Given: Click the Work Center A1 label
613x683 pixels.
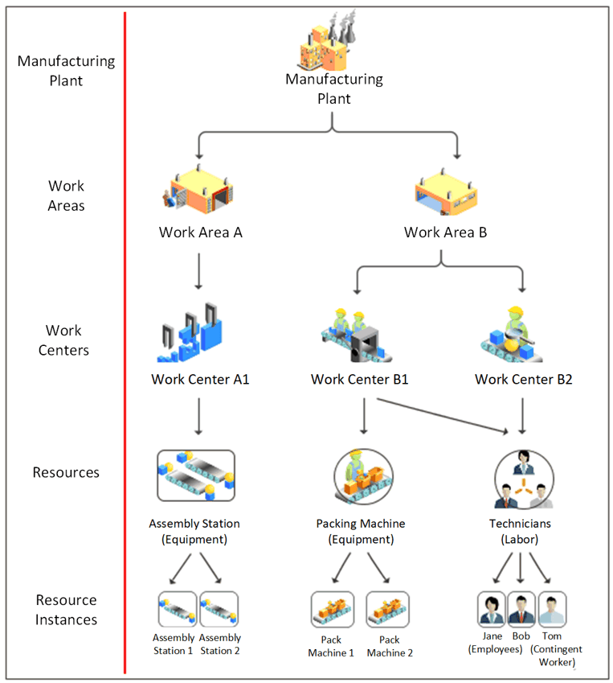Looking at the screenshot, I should point(200,379).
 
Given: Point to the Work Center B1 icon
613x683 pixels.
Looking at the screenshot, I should point(359,332).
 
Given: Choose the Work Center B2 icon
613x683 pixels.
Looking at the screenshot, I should point(522,332).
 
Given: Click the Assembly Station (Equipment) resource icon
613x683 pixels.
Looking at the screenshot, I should point(195,475).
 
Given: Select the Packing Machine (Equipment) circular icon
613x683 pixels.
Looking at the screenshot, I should point(361,475).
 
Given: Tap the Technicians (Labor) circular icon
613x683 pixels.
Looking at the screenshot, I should point(523,477).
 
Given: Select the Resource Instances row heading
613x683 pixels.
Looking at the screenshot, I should point(66,610).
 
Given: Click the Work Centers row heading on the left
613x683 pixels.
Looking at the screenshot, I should point(63,340).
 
